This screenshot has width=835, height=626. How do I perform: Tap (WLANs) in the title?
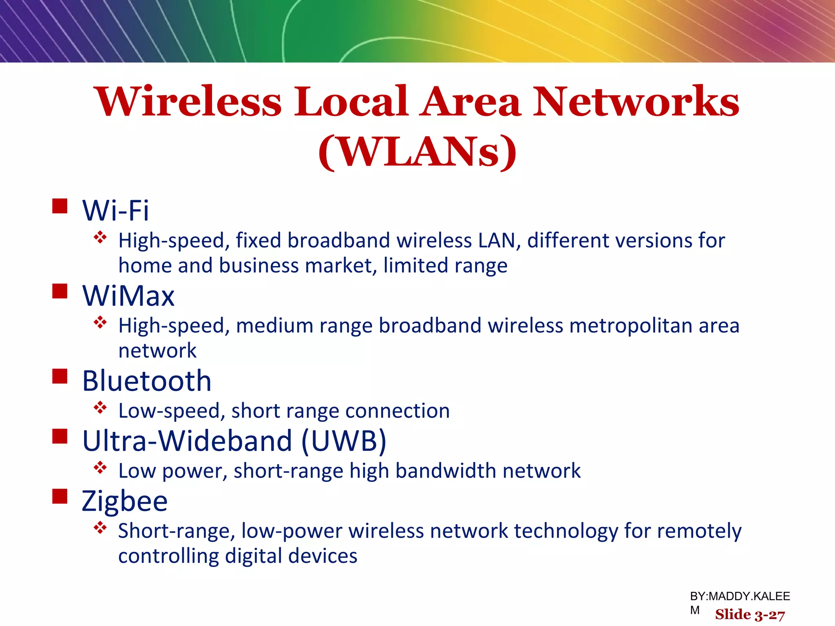417,152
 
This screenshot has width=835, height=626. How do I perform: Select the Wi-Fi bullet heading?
116,211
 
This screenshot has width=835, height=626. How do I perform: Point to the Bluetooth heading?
147,381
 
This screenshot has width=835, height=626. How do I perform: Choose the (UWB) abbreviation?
343,441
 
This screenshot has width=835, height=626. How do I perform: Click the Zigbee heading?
125,501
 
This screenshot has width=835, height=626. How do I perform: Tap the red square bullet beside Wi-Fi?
60,206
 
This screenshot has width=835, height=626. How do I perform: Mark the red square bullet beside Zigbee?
60,496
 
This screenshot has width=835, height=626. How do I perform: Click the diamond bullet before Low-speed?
100,407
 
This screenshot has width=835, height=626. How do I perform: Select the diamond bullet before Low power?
100,467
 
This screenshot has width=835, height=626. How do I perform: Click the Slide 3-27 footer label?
750,615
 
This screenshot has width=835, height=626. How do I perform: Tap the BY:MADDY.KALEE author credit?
740,596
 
